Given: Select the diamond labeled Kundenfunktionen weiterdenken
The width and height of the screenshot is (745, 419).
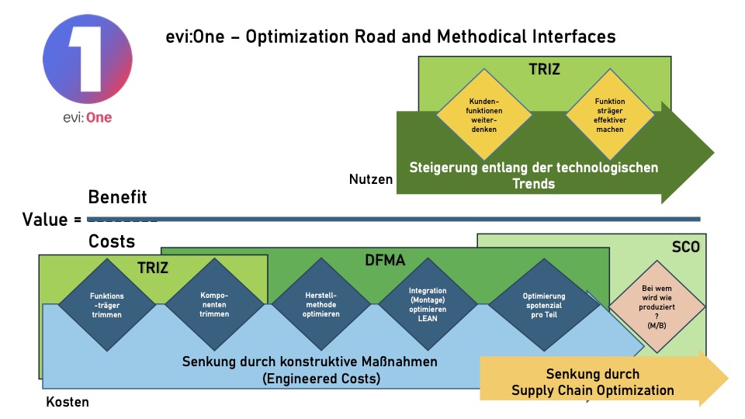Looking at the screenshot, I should click(483, 114).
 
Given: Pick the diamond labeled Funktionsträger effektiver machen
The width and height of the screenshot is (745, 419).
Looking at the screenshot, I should click(610, 115).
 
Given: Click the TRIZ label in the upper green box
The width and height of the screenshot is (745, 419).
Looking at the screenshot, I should click(544, 69).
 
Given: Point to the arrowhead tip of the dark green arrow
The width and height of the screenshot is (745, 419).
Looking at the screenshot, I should click(712, 152).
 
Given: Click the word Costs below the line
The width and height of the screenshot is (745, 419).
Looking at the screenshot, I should click(112, 241).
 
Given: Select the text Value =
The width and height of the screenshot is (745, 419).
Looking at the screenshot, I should click(52, 220).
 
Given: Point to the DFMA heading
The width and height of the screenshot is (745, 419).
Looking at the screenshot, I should click(386, 261).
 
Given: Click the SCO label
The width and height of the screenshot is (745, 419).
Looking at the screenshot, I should click(685, 248).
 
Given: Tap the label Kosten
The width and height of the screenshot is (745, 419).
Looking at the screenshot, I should click(68, 402).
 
